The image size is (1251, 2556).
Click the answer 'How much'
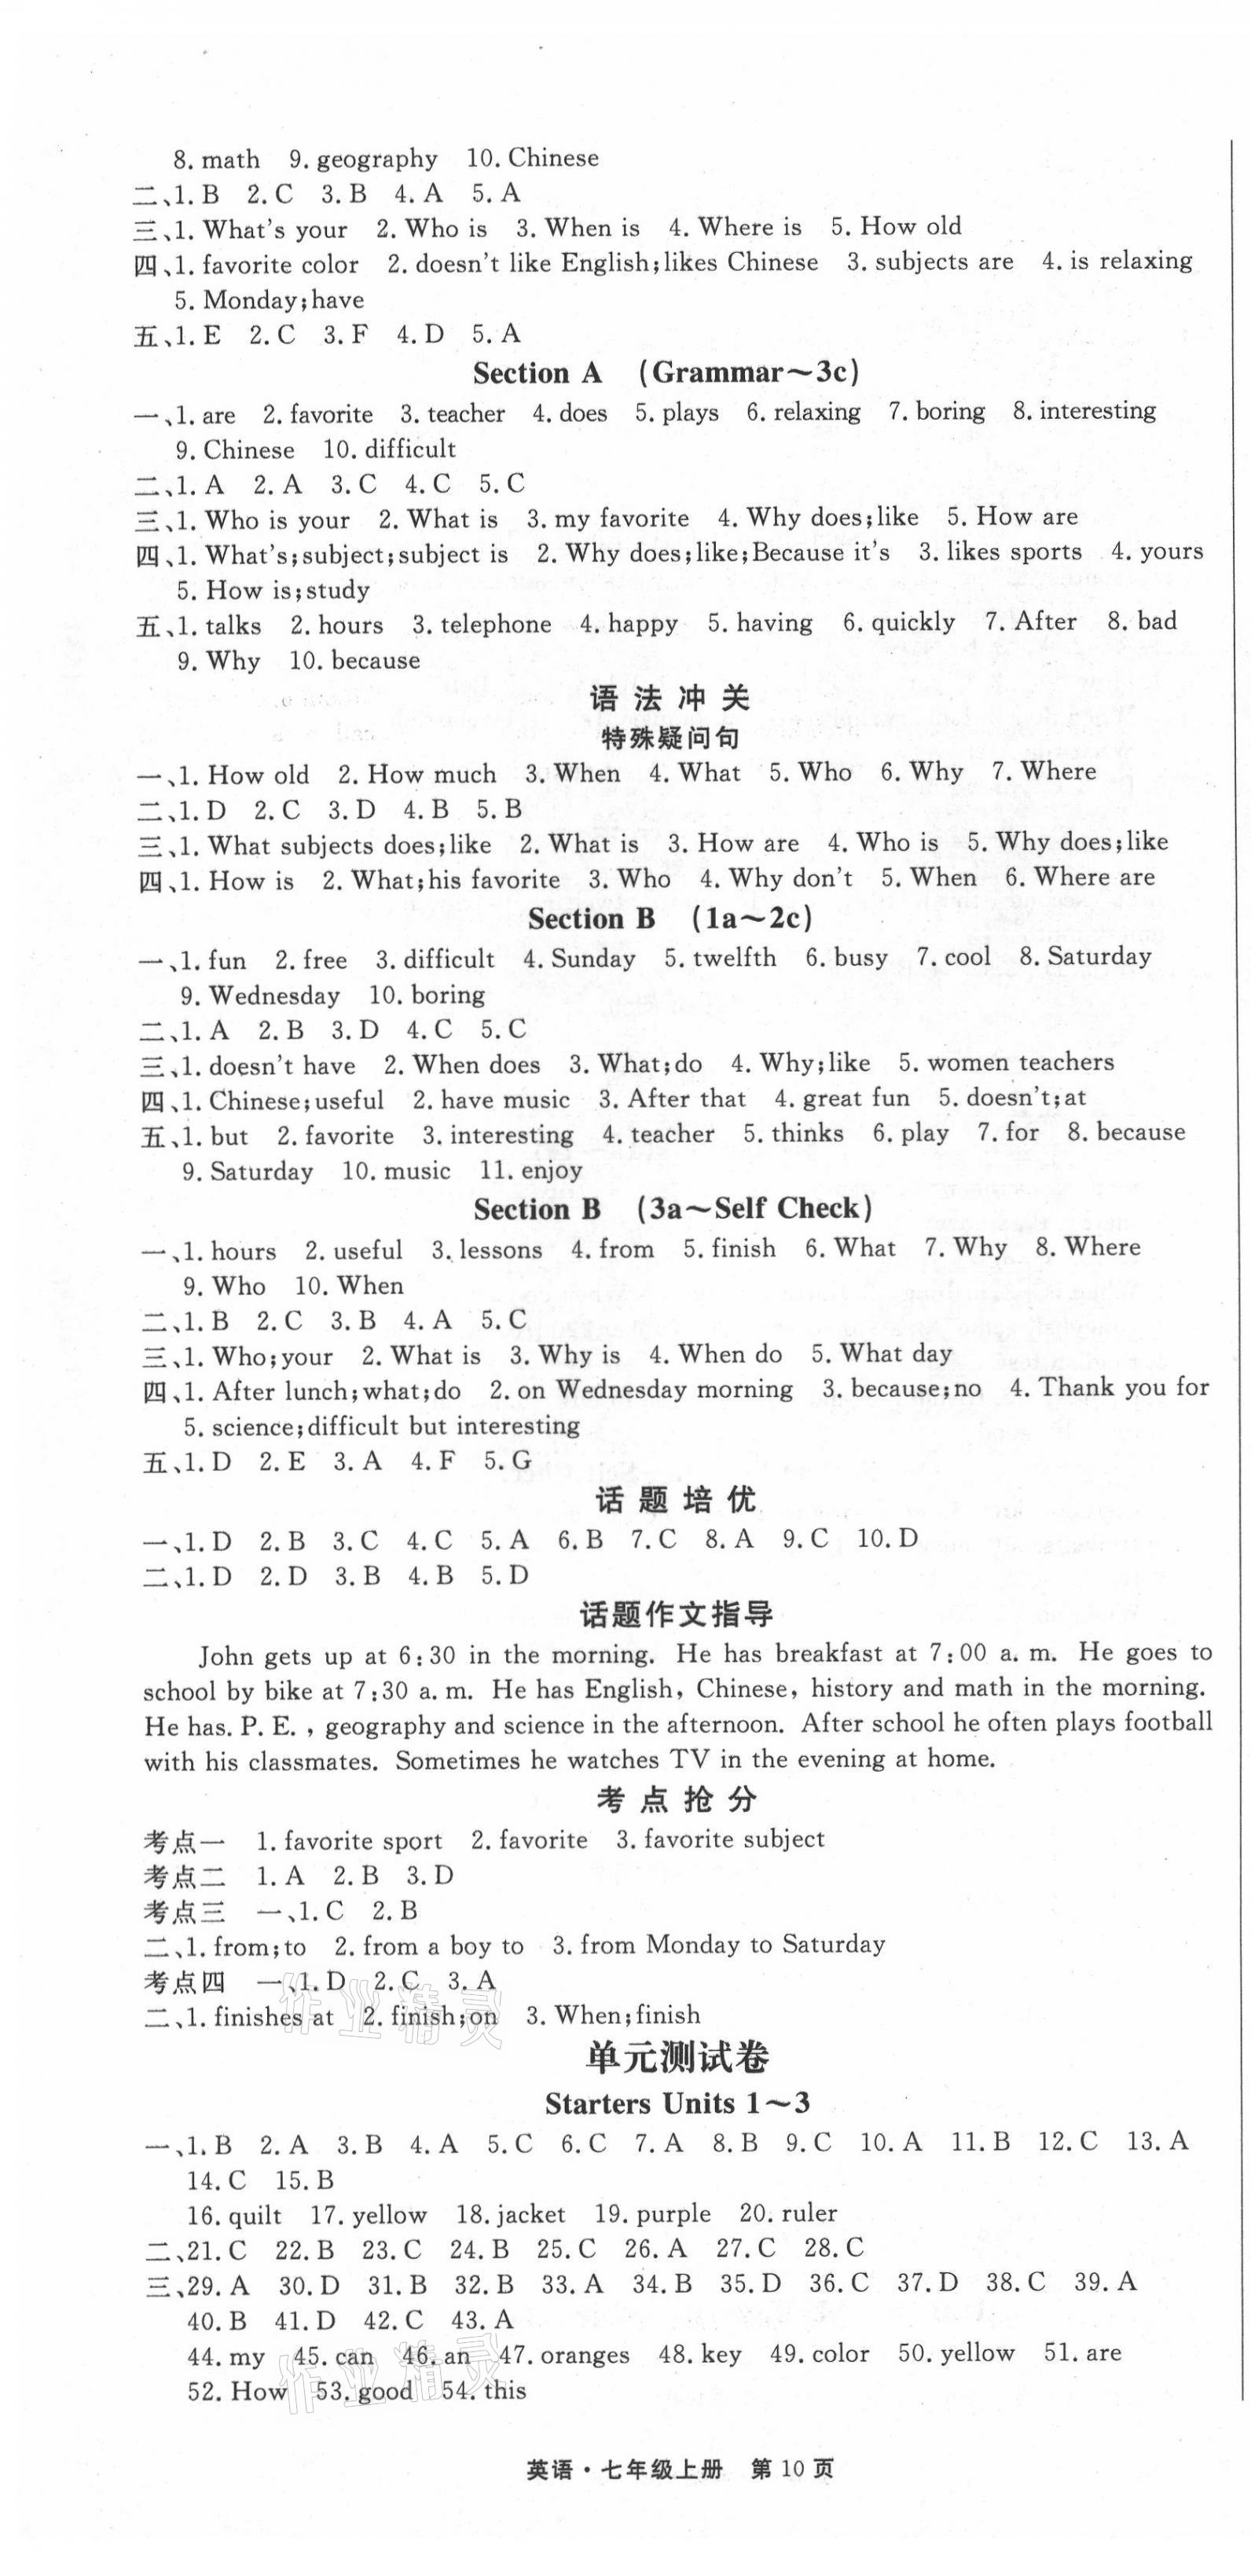(x=431, y=775)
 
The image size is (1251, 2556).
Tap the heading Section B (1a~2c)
(x=670, y=918)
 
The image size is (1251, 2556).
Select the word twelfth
(x=734, y=959)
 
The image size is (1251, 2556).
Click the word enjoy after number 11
(x=552, y=1171)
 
